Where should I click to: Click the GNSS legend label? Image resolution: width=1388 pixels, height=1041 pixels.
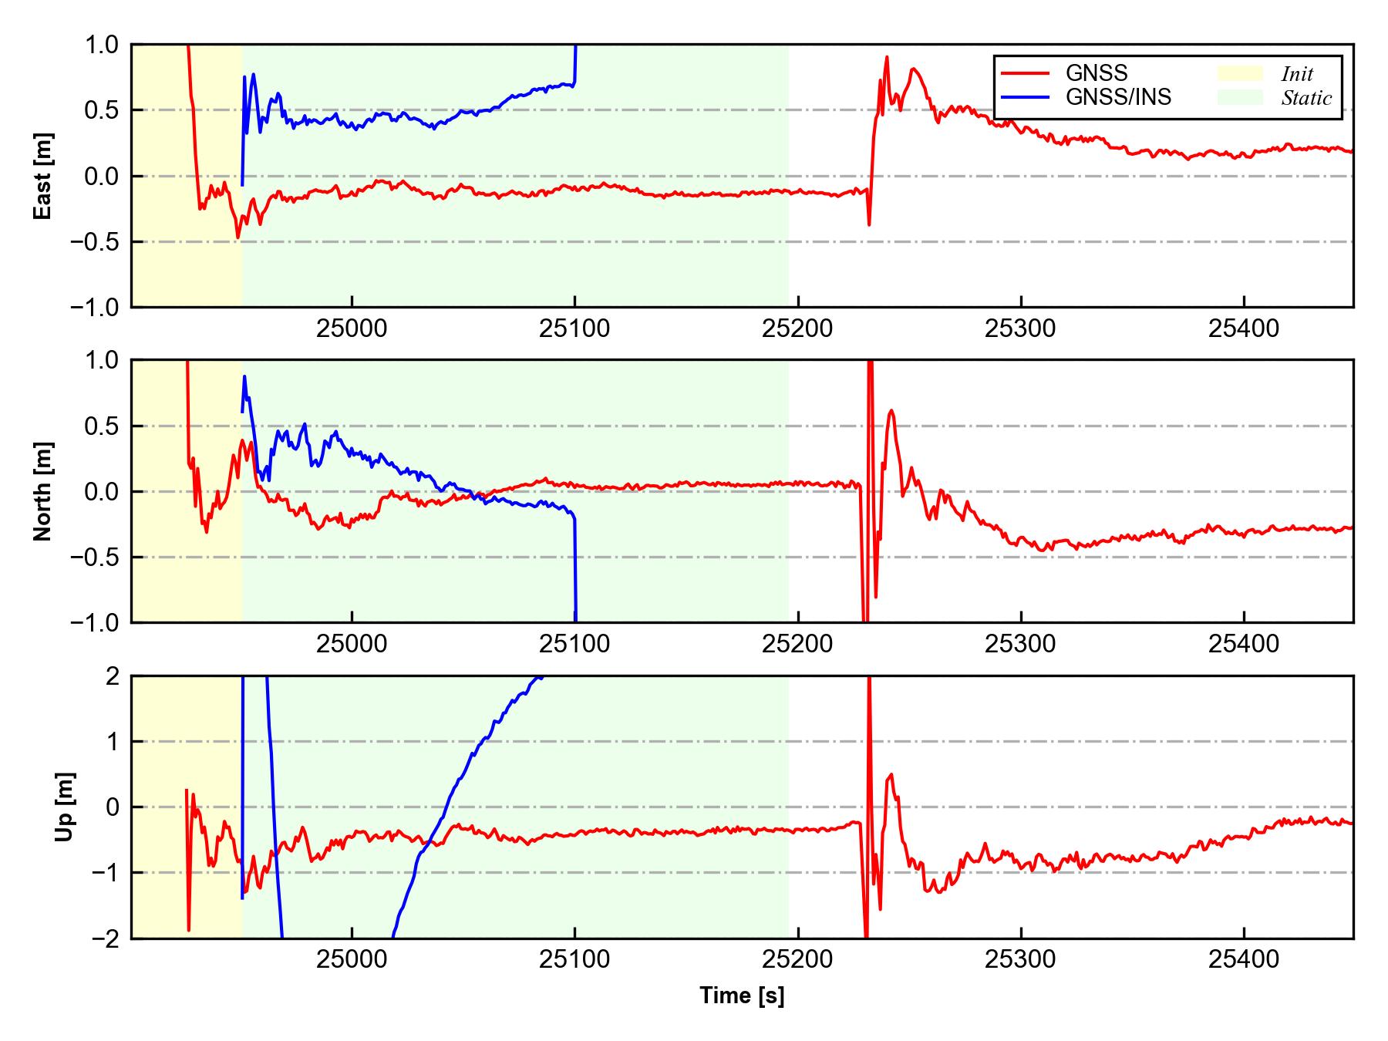click(1097, 73)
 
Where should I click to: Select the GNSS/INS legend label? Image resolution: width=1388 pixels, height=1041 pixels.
click(1118, 97)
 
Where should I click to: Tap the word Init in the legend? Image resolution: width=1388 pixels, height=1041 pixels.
click(1297, 74)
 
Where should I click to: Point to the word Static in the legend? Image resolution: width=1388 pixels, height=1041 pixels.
click(1306, 98)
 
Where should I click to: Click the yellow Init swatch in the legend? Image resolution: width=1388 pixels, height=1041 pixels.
click(1240, 73)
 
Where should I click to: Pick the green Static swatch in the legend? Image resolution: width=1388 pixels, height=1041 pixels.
click(1240, 97)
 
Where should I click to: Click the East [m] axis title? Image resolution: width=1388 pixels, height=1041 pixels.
click(44, 176)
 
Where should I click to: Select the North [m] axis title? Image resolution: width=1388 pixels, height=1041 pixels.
click(44, 491)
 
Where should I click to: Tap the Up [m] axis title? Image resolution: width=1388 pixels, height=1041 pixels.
click(66, 807)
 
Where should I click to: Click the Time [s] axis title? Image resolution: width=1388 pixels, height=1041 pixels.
click(742, 996)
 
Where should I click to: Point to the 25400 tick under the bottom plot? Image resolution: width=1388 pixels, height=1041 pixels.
click(1243, 960)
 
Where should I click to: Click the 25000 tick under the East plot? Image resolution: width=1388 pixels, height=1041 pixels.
click(352, 329)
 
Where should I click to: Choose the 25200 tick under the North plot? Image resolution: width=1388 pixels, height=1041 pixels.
click(797, 644)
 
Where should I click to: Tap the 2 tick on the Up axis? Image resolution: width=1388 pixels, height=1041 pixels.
click(113, 676)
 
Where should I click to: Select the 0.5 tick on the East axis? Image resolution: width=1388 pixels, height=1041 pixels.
click(102, 110)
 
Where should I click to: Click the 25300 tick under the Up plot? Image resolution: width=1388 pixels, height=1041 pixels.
click(1020, 960)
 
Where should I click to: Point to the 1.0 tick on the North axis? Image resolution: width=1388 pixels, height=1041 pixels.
click(102, 360)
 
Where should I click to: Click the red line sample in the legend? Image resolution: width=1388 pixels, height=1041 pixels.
click(1025, 73)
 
